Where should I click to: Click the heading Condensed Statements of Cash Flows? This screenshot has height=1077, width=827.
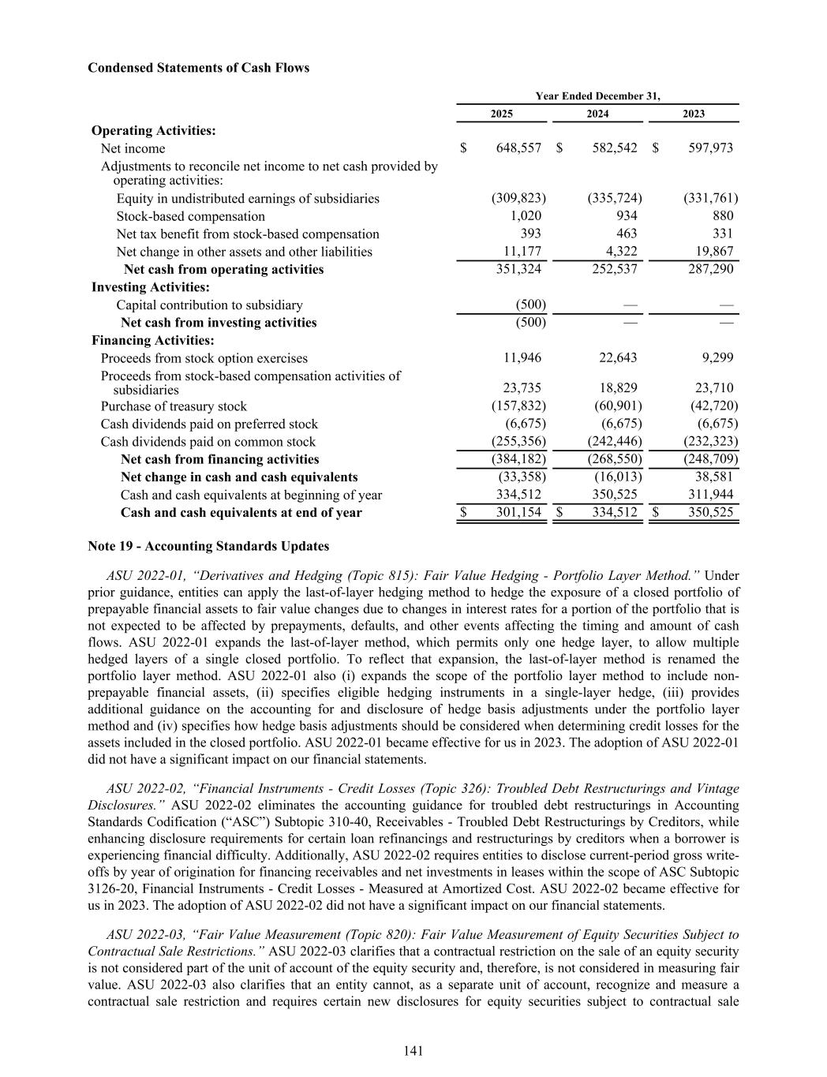[x=198, y=68]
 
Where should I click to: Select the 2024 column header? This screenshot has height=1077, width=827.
[x=597, y=114]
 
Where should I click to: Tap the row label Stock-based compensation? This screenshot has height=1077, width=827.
[x=190, y=216]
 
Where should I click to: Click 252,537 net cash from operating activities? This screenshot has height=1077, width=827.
[x=615, y=269]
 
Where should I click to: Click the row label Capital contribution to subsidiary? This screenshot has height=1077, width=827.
[x=209, y=305]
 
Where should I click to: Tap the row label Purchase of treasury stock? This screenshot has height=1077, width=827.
[x=174, y=406]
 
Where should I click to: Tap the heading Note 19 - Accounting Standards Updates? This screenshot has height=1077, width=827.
[x=208, y=546]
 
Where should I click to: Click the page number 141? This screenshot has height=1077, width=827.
[x=413, y=1050]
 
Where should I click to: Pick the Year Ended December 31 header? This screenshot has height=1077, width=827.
[x=597, y=96]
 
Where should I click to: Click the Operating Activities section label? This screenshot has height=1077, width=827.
[x=154, y=131]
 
